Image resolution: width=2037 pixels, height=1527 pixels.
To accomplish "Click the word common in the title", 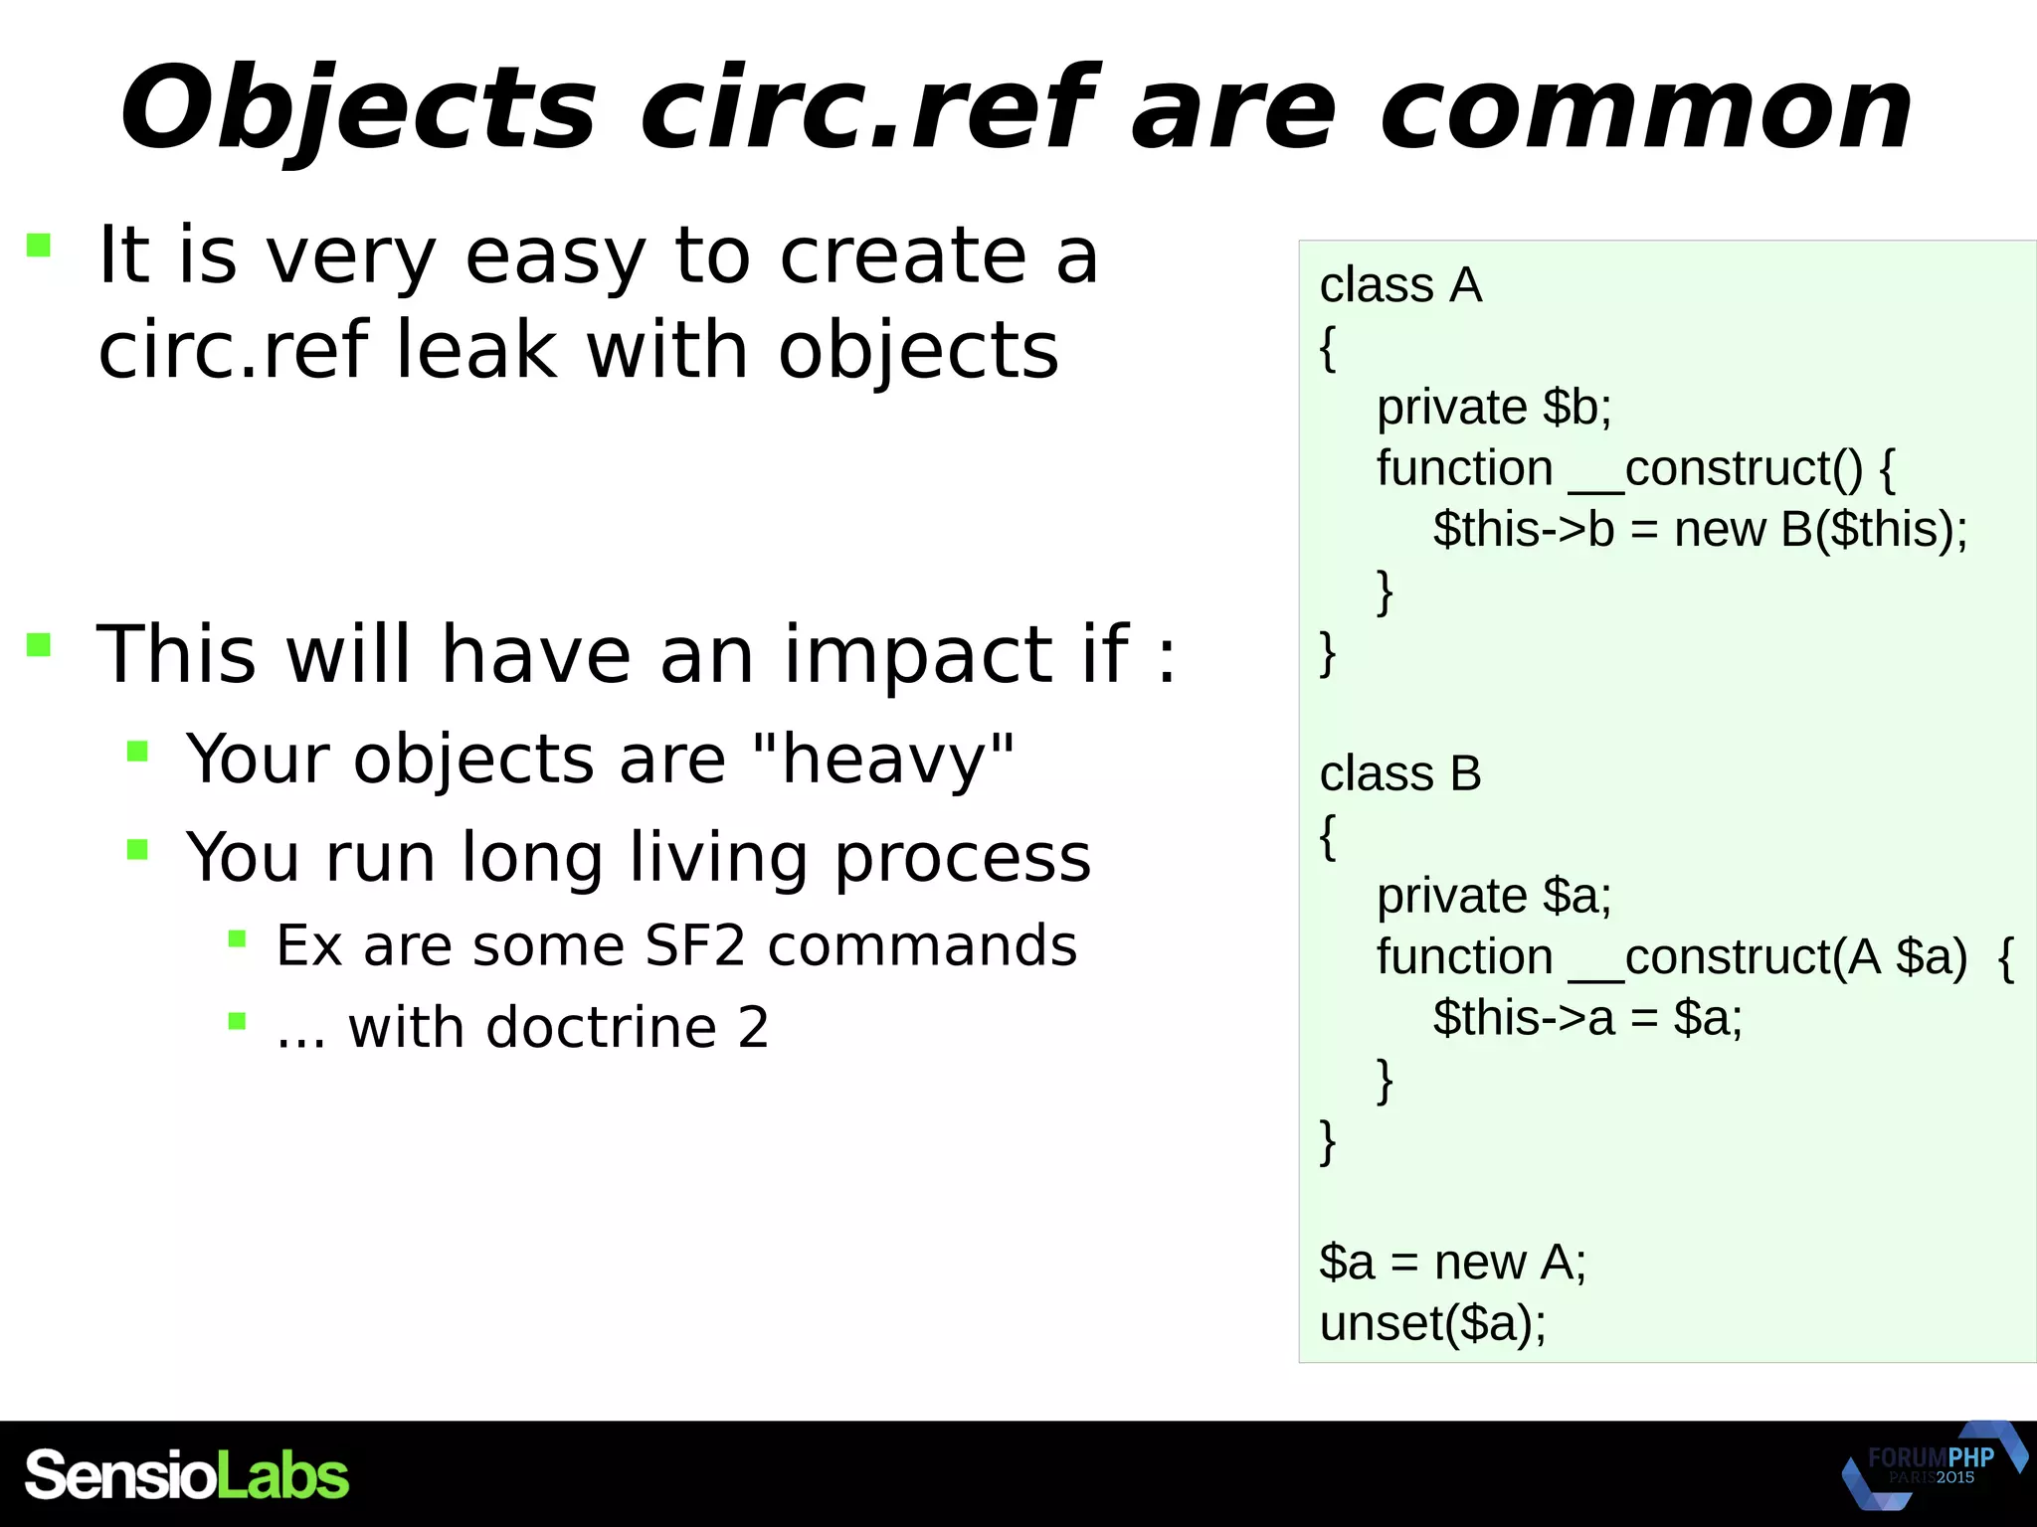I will [x=1646, y=109].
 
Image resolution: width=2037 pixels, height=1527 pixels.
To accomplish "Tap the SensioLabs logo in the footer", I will [x=187, y=1474].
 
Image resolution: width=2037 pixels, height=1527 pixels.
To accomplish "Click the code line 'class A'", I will [x=1400, y=286].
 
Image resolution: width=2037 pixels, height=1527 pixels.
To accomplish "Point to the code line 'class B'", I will [x=1400, y=773].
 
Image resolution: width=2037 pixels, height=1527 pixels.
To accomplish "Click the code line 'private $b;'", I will [x=1494, y=408].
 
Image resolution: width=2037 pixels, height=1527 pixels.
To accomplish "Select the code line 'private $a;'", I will [x=1494, y=896].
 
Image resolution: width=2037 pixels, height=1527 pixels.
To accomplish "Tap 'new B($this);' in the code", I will [x=1820, y=529].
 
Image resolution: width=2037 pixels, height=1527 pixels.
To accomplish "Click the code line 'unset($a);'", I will [x=1432, y=1323].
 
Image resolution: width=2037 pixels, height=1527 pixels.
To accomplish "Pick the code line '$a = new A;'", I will [x=1452, y=1263].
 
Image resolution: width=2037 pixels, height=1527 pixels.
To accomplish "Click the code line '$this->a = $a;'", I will [x=1587, y=1018].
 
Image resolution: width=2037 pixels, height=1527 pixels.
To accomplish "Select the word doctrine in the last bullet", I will [x=602, y=1027].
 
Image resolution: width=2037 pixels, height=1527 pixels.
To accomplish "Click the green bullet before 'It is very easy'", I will [x=39, y=246].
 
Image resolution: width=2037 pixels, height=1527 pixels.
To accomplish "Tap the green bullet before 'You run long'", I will [x=138, y=849].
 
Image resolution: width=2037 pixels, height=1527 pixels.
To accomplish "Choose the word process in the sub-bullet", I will [x=962, y=857].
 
